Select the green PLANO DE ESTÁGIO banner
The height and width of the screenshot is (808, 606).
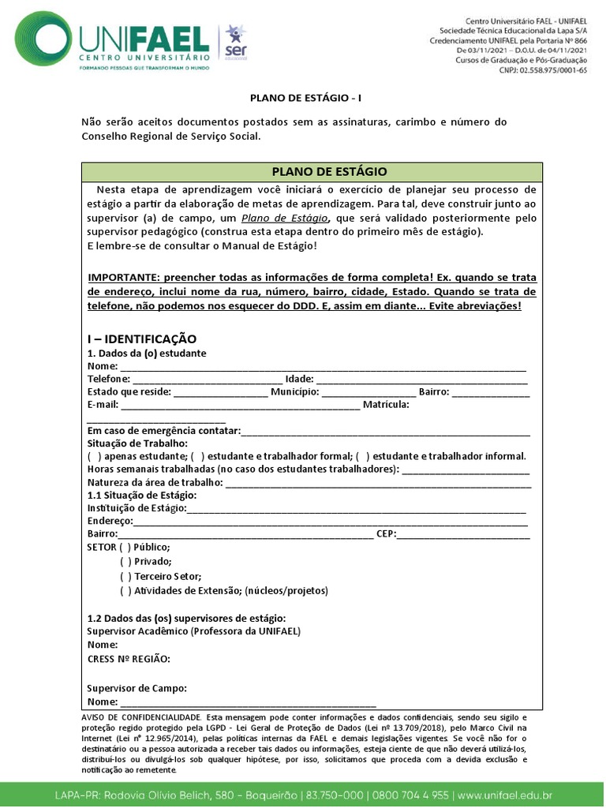click(x=312, y=171)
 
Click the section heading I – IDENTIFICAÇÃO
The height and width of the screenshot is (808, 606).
click(x=142, y=339)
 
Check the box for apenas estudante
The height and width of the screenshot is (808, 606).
click(x=94, y=456)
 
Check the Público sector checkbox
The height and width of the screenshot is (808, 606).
click(x=125, y=548)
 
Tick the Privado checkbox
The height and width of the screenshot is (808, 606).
click(x=125, y=562)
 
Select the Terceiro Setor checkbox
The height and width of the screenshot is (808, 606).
click(x=125, y=577)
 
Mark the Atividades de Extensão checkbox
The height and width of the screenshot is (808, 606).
click(x=125, y=591)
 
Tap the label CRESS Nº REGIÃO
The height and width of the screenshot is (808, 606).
click(x=129, y=659)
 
